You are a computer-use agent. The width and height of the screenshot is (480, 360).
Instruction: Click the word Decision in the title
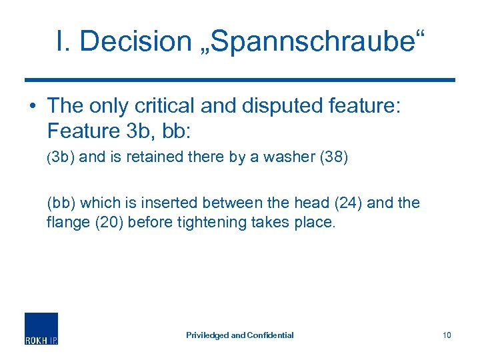pos(135,41)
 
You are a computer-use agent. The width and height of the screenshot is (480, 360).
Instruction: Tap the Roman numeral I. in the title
pos(63,41)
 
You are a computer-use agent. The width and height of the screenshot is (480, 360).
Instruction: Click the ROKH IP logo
pos(41,328)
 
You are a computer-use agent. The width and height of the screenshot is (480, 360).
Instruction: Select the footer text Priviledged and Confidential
pos(239,335)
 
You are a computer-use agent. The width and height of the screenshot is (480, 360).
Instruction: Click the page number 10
pos(447,335)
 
